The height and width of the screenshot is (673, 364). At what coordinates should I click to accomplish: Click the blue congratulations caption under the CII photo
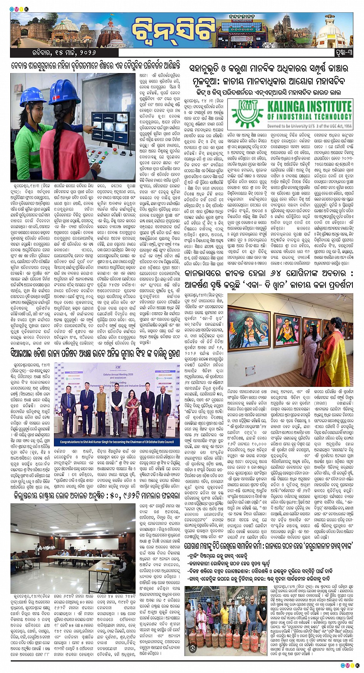coord(117,442)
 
